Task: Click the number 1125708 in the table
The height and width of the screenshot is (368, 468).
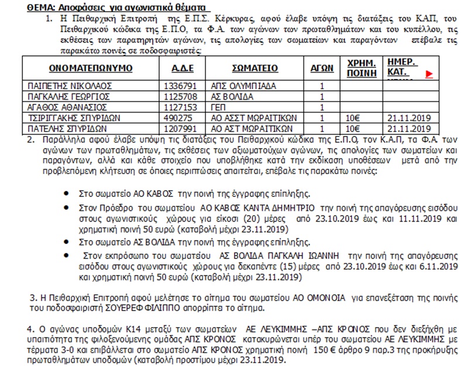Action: (181, 95)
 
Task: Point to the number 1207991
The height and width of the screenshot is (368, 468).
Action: (181, 127)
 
